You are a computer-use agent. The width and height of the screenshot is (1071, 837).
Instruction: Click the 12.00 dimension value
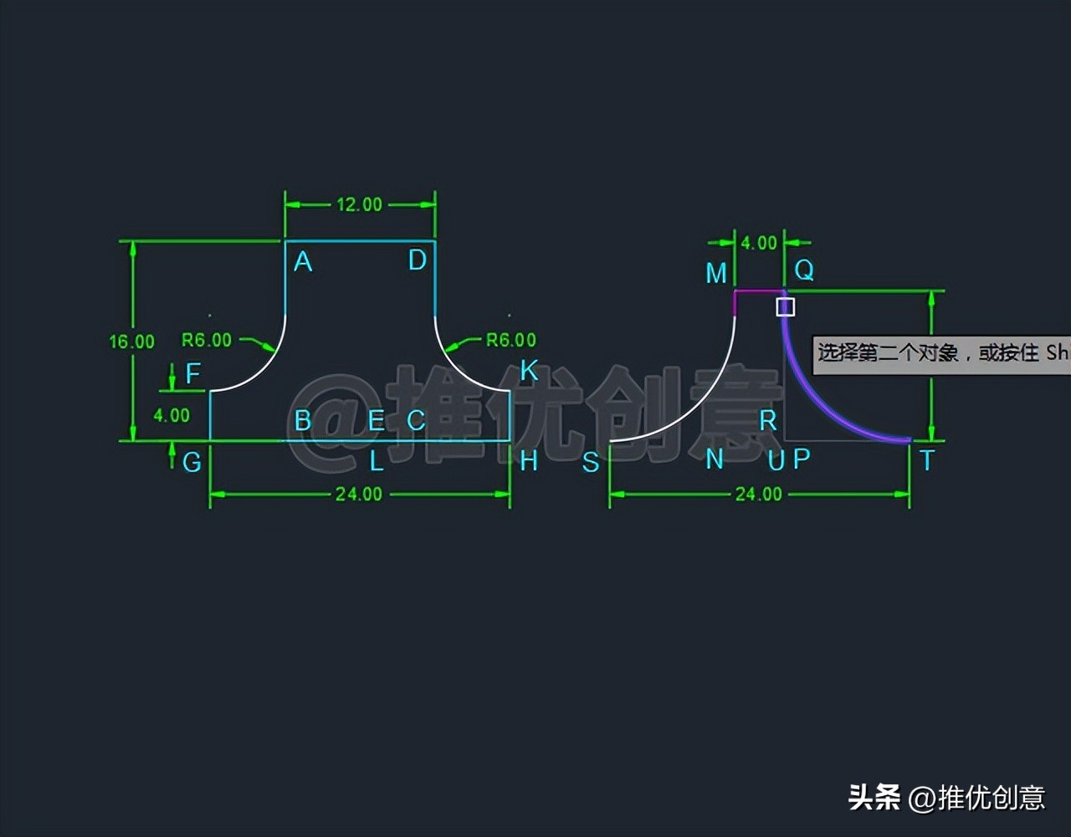tap(359, 204)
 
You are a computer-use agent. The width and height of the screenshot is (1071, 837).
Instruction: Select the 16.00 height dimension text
tap(131, 341)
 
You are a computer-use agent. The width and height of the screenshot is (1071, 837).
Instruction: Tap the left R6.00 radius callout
tap(207, 340)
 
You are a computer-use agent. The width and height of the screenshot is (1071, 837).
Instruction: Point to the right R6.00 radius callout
tap(511, 340)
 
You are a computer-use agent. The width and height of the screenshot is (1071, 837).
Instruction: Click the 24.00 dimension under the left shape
tap(359, 494)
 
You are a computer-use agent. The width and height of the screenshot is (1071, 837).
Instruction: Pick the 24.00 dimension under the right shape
tap(759, 494)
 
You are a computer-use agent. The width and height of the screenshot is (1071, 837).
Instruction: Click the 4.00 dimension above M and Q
tap(759, 243)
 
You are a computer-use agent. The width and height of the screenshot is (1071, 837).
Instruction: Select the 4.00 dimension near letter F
tap(172, 415)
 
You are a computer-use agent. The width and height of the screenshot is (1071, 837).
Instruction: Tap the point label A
tap(303, 262)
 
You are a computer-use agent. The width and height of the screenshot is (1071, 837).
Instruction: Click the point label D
tap(418, 260)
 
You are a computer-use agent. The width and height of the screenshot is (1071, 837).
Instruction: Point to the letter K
tap(529, 370)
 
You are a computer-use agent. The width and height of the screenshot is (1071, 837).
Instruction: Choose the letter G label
tap(192, 461)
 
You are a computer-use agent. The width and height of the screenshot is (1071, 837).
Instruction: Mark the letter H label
tap(529, 460)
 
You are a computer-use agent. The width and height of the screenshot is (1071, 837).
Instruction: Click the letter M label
tap(716, 273)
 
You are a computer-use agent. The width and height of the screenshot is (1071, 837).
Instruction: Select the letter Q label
tap(804, 270)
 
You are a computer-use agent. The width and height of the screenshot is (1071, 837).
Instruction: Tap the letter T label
tap(926, 460)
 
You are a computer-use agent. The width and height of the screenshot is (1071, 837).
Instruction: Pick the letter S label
tap(591, 462)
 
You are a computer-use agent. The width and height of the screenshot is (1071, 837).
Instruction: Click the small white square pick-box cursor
tap(785, 307)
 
